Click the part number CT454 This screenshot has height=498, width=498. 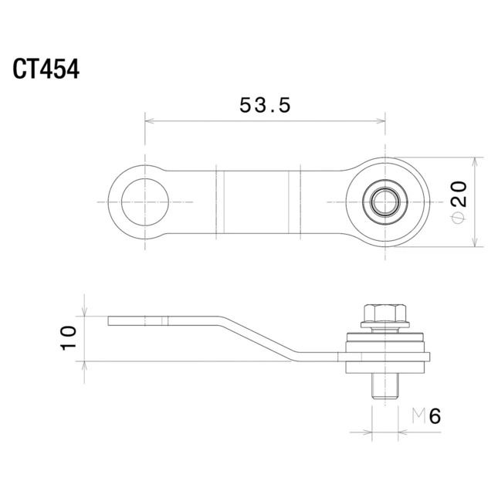pos(46,69)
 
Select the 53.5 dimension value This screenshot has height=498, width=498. pos(265,105)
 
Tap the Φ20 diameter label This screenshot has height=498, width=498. pos(459,202)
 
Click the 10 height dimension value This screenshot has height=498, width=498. pos(68,338)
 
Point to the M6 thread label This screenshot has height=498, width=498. pos(426,416)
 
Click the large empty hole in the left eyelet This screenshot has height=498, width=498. pos(145,202)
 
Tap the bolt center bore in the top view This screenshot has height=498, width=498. pos(385,202)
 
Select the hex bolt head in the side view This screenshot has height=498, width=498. pos(385,313)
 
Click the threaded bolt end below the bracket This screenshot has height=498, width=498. pos(385,386)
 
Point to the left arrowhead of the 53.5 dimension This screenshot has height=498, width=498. pos(149,121)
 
